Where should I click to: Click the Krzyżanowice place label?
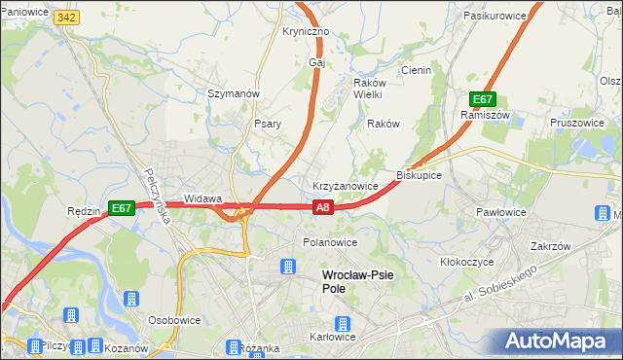click(345, 185)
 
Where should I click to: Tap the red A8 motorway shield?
click(324, 206)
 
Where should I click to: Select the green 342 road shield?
click(66, 18)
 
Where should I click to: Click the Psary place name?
click(268, 124)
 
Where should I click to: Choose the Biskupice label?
click(420, 175)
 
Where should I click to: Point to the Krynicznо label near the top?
click(306, 31)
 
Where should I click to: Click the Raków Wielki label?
click(368, 89)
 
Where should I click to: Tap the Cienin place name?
click(416, 70)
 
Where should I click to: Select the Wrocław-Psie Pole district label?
click(357, 281)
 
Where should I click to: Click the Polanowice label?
click(330, 242)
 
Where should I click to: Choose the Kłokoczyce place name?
click(466, 262)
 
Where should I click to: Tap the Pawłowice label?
click(501, 211)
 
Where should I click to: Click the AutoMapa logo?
click(557, 341)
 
